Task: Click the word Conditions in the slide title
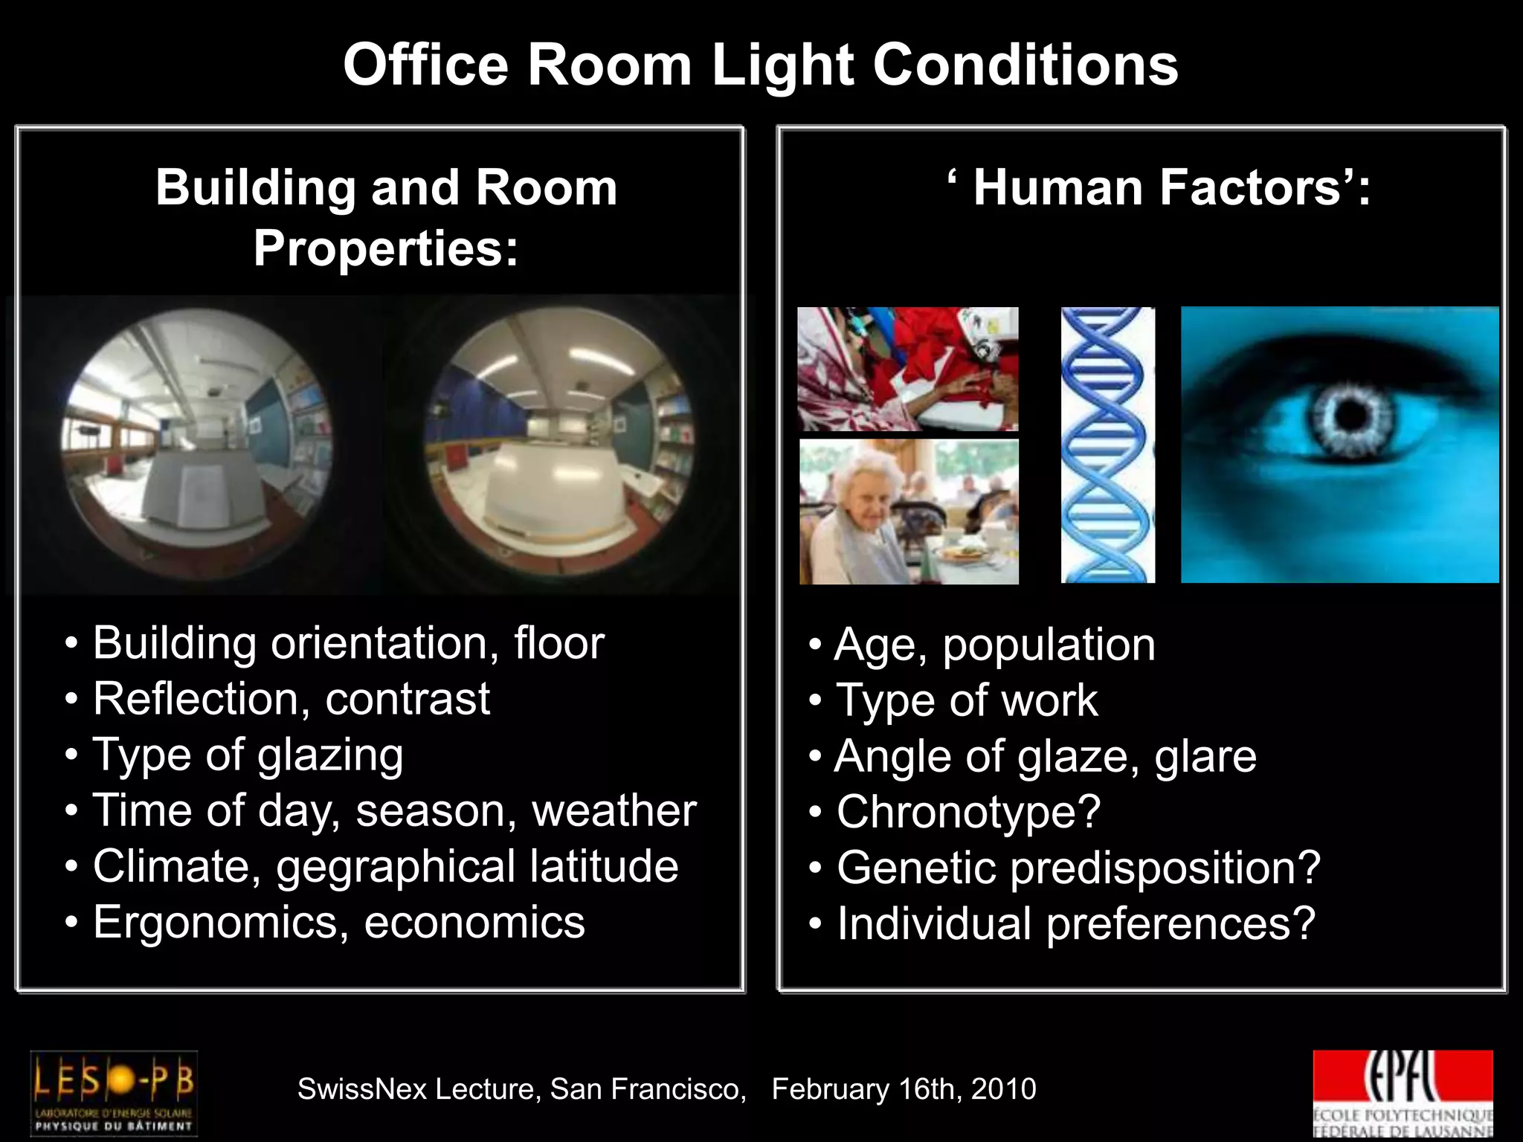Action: (x=1025, y=65)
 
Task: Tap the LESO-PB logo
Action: (x=114, y=1092)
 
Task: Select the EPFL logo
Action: (x=1403, y=1092)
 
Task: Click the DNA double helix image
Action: (x=1107, y=445)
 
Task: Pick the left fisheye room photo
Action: (x=196, y=445)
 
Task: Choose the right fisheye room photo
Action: (x=559, y=445)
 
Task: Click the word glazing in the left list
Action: (x=330, y=755)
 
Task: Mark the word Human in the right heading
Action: (x=1058, y=187)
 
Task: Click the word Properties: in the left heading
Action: (x=385, y=248)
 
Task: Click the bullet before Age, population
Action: (x=816, y=645)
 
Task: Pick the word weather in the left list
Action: (x=614, y=810)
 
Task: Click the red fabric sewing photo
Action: (x=908, y=369)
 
